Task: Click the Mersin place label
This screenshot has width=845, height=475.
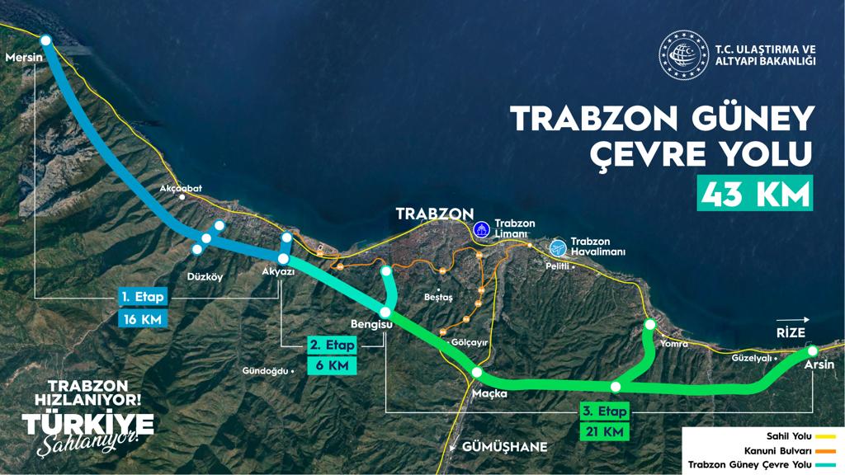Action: pos(22,58)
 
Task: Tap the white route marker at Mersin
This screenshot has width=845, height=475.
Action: pos(45,40)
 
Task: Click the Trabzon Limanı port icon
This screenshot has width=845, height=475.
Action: pos(481,228)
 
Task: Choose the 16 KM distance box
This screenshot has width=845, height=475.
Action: pos(143,317)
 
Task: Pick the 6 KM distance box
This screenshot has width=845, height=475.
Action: pos(333,365)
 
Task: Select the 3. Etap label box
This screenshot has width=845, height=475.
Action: pos(606,411)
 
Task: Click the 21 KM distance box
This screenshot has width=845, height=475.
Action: pos(607,431)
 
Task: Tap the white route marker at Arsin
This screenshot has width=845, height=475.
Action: pos(811,351)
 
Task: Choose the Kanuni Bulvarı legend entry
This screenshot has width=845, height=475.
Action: pos(790,451)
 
